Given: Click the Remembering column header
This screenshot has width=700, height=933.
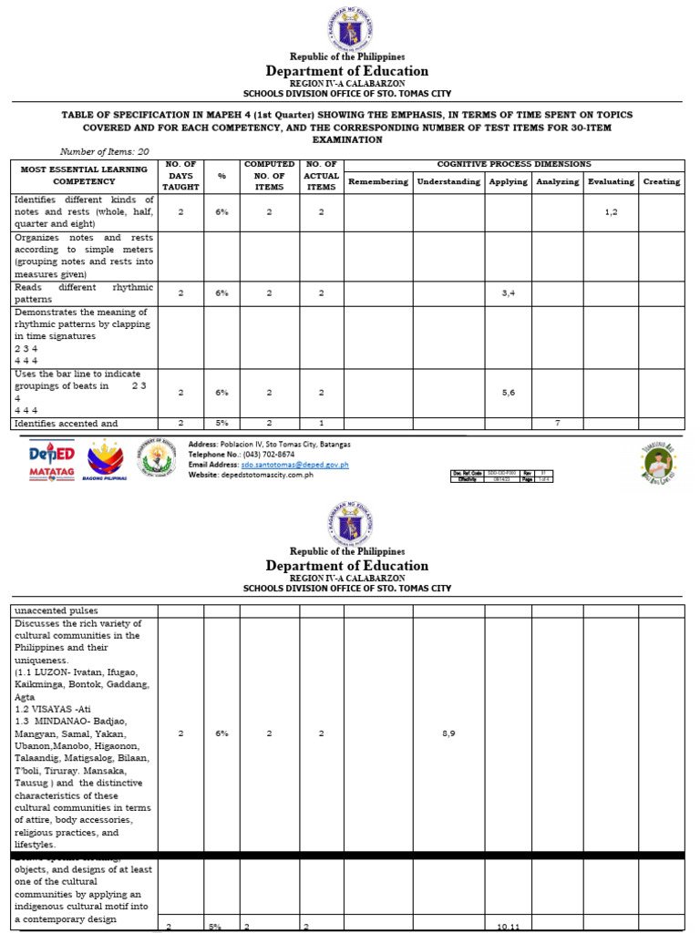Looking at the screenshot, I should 377,181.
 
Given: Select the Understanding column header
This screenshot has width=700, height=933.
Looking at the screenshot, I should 448,181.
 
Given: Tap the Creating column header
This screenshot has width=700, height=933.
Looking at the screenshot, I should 661,181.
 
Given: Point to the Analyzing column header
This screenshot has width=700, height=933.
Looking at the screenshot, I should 557,181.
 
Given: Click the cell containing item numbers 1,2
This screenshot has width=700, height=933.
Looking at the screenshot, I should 611,211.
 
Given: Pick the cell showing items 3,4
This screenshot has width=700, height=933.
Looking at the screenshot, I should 508,292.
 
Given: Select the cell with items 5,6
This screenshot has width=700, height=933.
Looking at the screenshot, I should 508,392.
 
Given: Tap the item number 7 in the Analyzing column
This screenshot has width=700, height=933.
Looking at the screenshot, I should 557,423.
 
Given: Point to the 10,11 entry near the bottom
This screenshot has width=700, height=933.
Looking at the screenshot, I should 508,927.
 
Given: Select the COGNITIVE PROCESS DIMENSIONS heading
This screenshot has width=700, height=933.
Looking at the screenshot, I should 514,164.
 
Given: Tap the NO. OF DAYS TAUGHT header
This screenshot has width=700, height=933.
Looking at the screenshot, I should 180,175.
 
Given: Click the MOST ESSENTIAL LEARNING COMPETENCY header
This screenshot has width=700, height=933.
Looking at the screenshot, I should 83,175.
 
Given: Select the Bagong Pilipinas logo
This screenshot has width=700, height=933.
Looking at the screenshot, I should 105,460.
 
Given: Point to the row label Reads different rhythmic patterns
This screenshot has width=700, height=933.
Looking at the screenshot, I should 83,292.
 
